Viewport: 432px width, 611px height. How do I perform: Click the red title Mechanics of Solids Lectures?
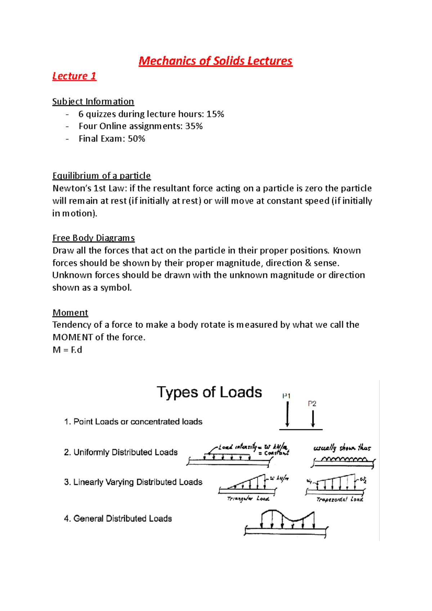[x=215, y=61]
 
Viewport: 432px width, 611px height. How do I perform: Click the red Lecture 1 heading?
[x=74, y=76]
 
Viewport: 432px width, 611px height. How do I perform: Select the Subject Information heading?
[x=93, y=101]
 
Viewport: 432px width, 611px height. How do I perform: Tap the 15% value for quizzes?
[x=215, y=114]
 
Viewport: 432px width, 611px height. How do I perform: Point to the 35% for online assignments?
[x=194, y=126]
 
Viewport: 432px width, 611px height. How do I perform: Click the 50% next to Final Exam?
[x=136, y=139]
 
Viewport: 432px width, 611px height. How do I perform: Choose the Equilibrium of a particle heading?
[x=102, y=176]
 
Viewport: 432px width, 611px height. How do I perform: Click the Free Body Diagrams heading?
[x=94, y=238]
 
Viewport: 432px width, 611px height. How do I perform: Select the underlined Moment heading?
[x=70, y=312]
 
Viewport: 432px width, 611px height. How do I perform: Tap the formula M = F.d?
[x=67, y=350]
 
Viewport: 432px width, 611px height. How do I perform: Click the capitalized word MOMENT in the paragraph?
[x=73, y=337]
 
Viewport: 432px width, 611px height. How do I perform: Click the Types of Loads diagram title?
[x=209, y=392]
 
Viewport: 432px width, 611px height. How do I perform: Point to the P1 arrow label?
[x=286, y=396]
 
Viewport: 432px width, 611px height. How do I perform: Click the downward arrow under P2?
[x=313, y=419]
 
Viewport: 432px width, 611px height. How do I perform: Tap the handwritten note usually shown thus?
[x=342, y=448]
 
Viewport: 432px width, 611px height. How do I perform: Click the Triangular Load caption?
[x=248, y=499]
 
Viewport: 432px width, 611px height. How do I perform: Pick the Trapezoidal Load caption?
[x=339, y=499]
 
